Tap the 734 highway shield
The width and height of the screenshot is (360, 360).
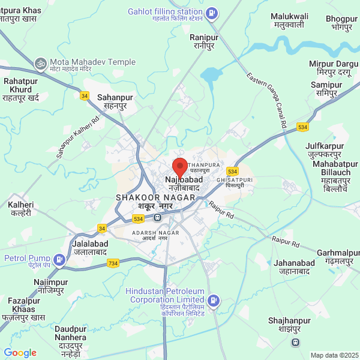tap(113, 263)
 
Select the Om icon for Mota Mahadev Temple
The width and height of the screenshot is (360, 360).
tap(41, 62)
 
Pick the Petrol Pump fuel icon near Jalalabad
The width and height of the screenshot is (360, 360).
tap(59, 259)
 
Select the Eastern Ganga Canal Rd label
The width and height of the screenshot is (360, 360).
tap(266, 99)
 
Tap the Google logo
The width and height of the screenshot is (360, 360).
tap(20, 353)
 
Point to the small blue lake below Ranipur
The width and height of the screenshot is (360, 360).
tap(211, 74)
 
